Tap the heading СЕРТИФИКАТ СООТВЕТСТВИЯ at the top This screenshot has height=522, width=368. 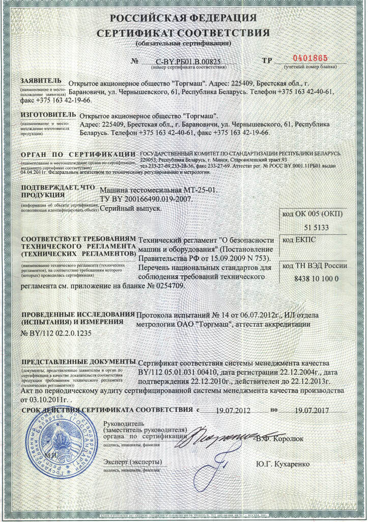(x=184, y=34)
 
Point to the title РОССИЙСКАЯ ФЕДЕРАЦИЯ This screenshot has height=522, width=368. (x=184, y=19)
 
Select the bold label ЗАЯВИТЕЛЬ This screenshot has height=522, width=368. (x=41, y=81)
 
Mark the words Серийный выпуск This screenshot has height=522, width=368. (x=131, y=208)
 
